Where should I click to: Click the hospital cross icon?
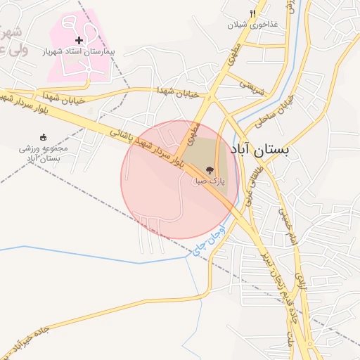(79, 41)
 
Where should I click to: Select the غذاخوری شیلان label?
(252, 24)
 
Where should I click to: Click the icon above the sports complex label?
(44, 137)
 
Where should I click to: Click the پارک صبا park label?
(210, 181)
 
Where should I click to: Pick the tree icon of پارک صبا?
(209, 169)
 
